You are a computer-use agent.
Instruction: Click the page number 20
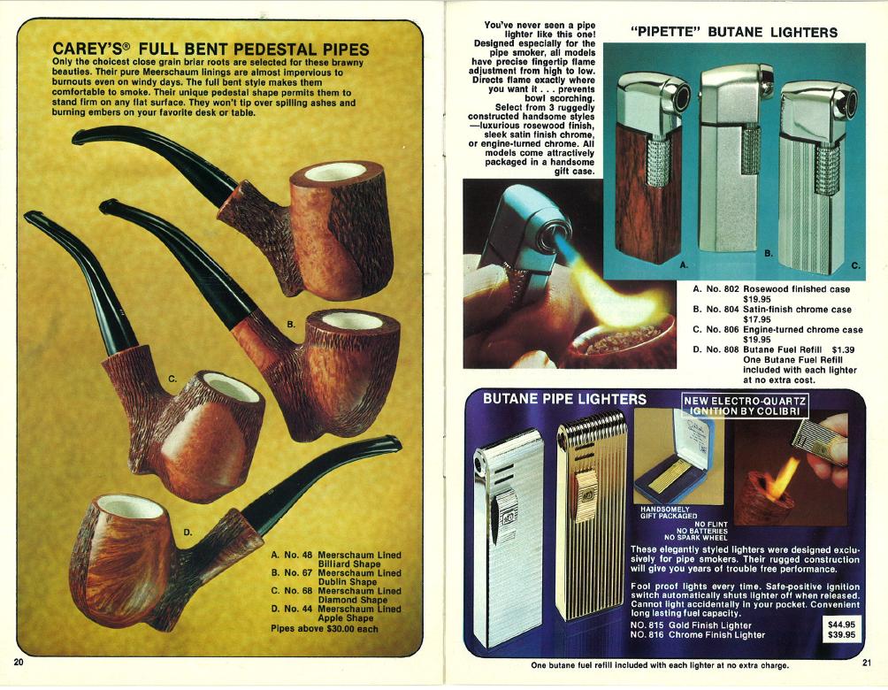pyautogui.click(x=18, y=663)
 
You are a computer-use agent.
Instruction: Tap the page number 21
pyautogui.click(x=867, y=663)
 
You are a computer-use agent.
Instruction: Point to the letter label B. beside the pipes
pyautogui.click(x=291, y=324)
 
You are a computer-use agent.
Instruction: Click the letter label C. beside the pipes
pyautogui.click(x=172, y=379)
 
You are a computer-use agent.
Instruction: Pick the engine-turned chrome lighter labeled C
pyautogui.click(x=817, y=177)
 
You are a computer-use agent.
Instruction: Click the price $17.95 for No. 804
pyautogui.click(x=756, y=319)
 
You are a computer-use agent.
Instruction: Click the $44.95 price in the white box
pyautogui.click(x=841, y=625)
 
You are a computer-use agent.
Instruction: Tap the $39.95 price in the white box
pyautogui.click(x=841, y=634)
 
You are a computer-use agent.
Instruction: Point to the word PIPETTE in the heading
pyautogui.click(x=666, y=33)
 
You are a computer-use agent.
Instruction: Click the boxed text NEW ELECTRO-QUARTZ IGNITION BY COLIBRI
pyautogui.click(x=745, y=406)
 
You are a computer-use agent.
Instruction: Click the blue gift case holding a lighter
pyautogui.click(x=674, y=456)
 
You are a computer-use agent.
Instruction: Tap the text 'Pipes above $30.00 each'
pyautogui.click(x=325, y=628)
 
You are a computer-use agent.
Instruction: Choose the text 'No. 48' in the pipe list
pyautogui.click(x=298, y=556)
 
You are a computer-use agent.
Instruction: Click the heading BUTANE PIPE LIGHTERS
pyautogui.click(x=564, y=399)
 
